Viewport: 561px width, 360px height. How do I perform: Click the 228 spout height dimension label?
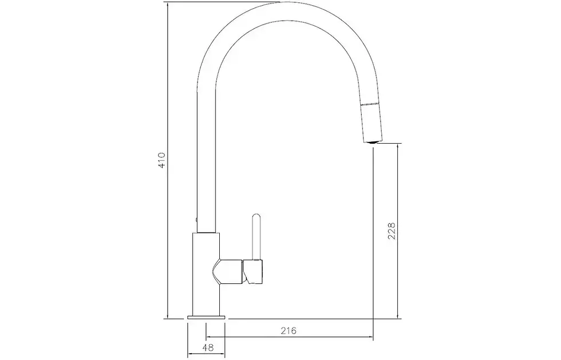392,231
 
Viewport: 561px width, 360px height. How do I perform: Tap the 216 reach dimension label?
289,330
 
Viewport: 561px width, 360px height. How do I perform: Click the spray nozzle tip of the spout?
373,142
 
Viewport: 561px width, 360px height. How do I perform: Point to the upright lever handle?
256,236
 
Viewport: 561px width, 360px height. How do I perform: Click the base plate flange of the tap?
206,317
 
